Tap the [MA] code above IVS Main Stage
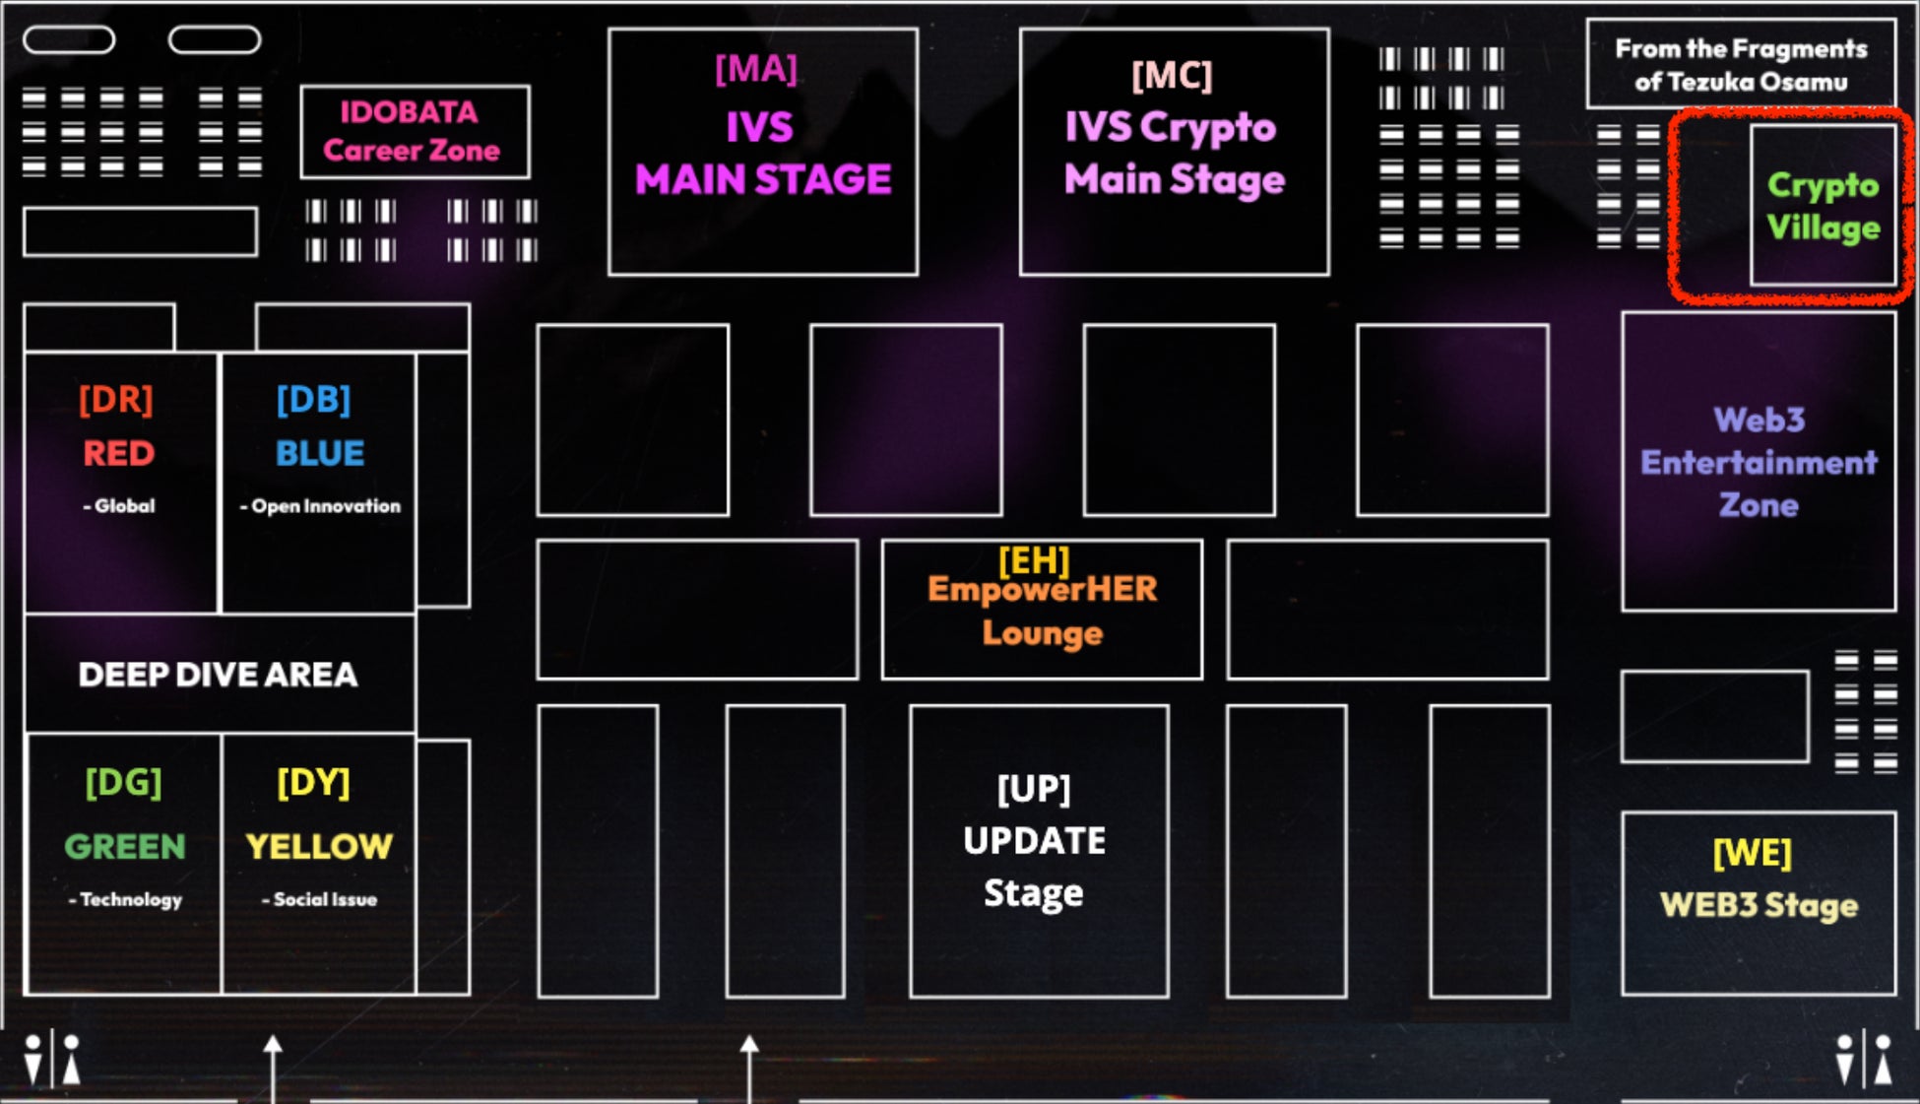[x=756, y=69]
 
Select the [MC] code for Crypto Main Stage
[x=1172, y=75]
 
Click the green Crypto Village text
[x=1823, y=207]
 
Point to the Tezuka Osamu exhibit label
[x=1741, y=65]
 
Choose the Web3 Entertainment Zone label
[x=1759, y=462]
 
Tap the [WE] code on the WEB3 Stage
[x=1753, y=853]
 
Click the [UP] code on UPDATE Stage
[x=1034, y=788]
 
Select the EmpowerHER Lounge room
[x=1042, y=611]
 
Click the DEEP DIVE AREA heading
[x=219, y=675]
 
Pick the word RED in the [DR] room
[x=119, y=453]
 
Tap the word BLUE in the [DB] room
[x=320, y=453]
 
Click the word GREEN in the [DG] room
[x=125, y=847]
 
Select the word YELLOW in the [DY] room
[x=319, y=847]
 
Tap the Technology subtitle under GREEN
[x=126, y=899]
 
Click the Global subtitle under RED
[x=120, y=506]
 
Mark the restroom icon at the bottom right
[x=1863, y=1060]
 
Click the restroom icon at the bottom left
[x=52, y=1060]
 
